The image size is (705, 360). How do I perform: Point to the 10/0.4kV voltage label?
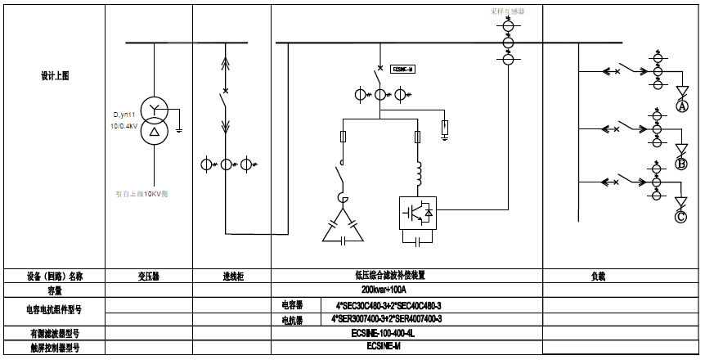pyautogui.click(x=125, y=127)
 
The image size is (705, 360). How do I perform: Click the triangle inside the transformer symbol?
pyautogui.click(x=155, y=131)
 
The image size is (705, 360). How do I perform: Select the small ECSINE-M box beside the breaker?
pyautogui.click(x=404, y=70)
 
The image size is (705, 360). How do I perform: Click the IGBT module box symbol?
pyautogui.click(x=418, y=212)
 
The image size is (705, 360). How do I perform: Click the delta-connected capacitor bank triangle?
pyautogui.click(x=344, y=231)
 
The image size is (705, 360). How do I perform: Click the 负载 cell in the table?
pyautogui.click(x=598, y=277)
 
